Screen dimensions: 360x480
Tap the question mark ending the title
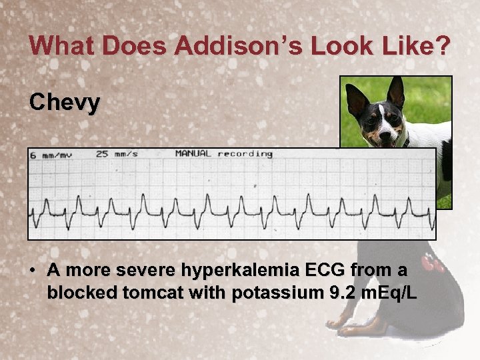[x=443, y=46]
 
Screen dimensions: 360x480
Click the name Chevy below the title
[x=65, y=103]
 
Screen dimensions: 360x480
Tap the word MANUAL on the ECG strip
[x=193, y=154]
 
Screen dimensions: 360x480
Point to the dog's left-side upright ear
[x=356, y=98]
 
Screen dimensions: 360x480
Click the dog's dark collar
[x=404, y=142]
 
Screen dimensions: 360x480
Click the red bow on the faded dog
[x=434, y=264]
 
